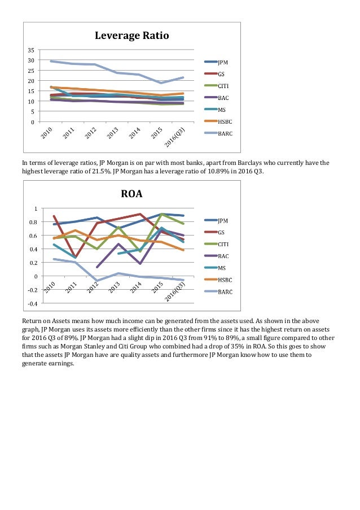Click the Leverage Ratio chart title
(x=131, y=36)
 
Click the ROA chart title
(x=131, y=194)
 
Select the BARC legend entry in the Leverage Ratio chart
(x=218, y=133)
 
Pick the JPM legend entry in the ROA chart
(x=216, y=220)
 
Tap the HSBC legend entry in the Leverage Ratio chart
(x=218, y=121)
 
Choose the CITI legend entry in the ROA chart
(x=216, y=244)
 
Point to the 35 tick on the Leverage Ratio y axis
(x=31, y=50)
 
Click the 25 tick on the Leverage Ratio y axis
(x=31, y=71)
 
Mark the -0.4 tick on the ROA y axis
(x=33, y=303)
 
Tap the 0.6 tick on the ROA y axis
(x=34, y=236)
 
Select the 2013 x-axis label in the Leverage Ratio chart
(x=113, y=133)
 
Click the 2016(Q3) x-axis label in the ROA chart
(x=175, y=291)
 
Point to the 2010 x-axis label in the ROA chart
(x=50, y=287)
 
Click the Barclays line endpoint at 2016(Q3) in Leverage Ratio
(x=183, y=77)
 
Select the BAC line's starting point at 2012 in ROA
(x=97, y=267)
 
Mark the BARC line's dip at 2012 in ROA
(x=97, y=280)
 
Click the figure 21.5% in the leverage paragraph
(x=102, y=171)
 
